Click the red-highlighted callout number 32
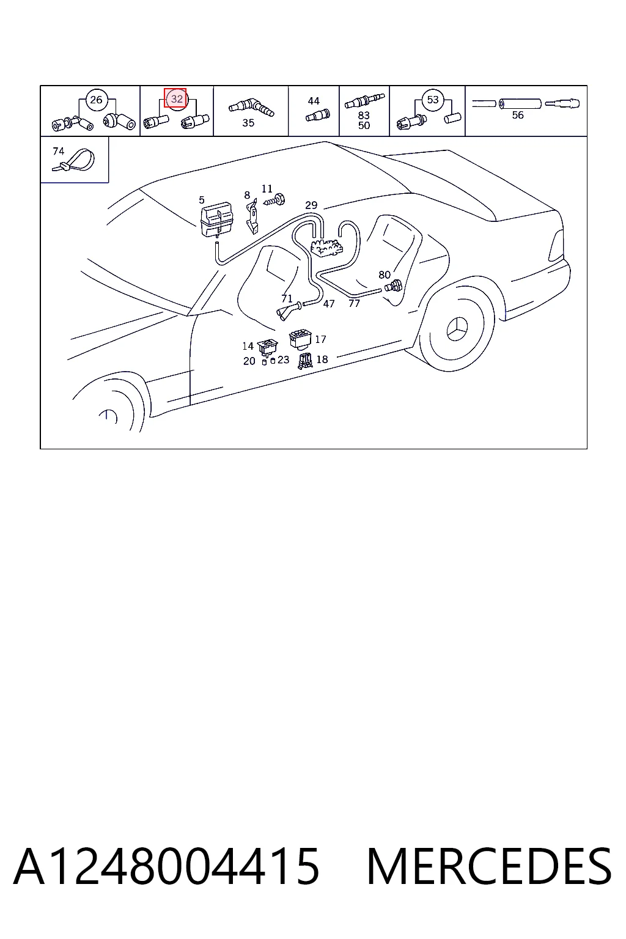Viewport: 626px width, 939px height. (x=175, y=98)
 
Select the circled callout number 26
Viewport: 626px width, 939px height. (x=96, y=100)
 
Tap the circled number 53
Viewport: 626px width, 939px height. (x=433, y=100)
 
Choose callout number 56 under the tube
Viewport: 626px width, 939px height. (x=518, y=115)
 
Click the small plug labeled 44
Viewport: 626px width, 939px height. (x=318, y=115)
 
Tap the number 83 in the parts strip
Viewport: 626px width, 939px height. (x=364, y=115)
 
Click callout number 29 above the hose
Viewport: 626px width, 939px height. (x=311, y=205)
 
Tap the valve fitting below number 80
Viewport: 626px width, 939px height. (x=394, y=287)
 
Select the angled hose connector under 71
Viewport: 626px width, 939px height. (x=288, y=311)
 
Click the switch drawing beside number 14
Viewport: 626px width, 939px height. (x=267, y=347)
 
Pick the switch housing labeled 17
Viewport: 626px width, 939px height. (x=300, y=339)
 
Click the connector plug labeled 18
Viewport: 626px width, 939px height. (x=305, y=361)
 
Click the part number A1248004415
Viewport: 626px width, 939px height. (x=166, y=866)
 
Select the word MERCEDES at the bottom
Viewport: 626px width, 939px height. (x=489, y=866)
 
